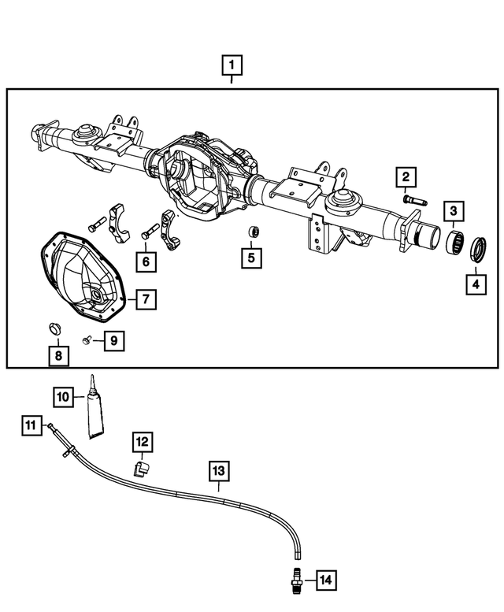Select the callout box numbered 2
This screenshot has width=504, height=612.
click(406, 178)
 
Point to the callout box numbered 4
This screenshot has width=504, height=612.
click(475, 284)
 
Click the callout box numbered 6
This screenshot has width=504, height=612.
click(146, 260)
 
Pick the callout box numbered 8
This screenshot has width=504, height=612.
click(57, 356)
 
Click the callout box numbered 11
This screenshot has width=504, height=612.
click(31, 426)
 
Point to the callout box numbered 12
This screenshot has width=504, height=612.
click(142, 443)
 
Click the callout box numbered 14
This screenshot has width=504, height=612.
click(326, 581)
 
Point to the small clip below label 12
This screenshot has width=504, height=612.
click(139, 469)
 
